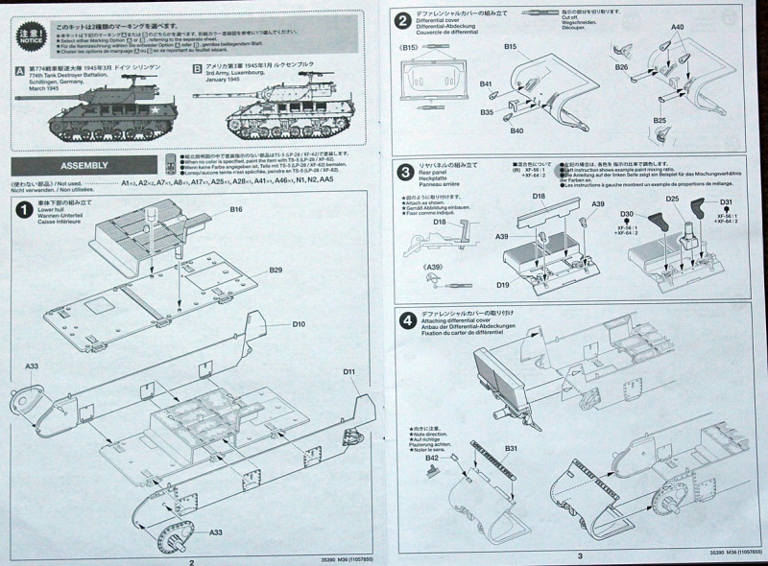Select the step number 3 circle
click(x=405, y=174)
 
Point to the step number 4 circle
click(x=405, y=320)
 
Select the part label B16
click(x=236, y=209)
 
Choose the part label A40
click(x=678, y=28)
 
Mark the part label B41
click(x=487, y=84)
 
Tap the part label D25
click(x=673, y=199)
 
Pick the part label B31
click(x=511, y=449)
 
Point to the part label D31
click(x=726, y=200)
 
